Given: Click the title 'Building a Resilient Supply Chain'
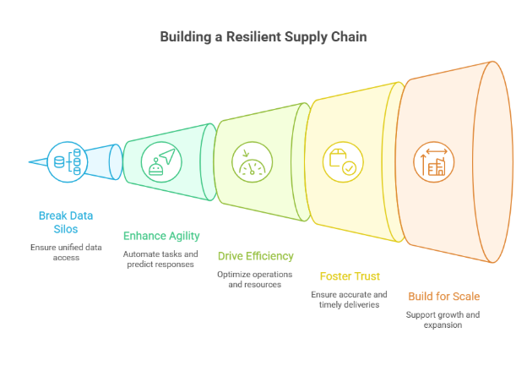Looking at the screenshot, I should click(263, 37).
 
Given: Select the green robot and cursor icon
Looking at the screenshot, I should click(160, 159).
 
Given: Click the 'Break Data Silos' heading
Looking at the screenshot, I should click(66, 222).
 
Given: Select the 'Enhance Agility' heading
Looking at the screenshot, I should click(161, 236).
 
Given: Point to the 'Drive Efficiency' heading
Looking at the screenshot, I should click(256, 255).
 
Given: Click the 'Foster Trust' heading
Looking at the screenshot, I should click(350, 276).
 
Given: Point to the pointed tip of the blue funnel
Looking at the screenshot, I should click(30, 161).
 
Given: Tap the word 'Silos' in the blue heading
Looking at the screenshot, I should click(66, 229).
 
